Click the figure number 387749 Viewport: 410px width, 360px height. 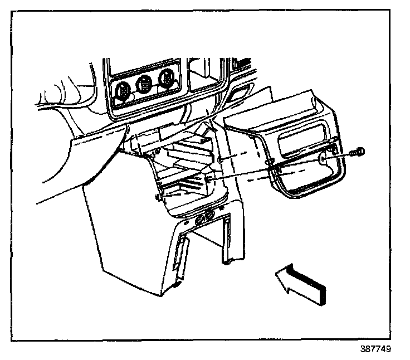pyautogui.click(x=375, y=351)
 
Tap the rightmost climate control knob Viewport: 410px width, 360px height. pyautogui.click(x=166, y=78)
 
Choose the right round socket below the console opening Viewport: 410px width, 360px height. pyautogui.click(x=211, y=216)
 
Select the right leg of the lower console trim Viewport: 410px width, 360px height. pyautogui.click(x=229, y=240)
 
